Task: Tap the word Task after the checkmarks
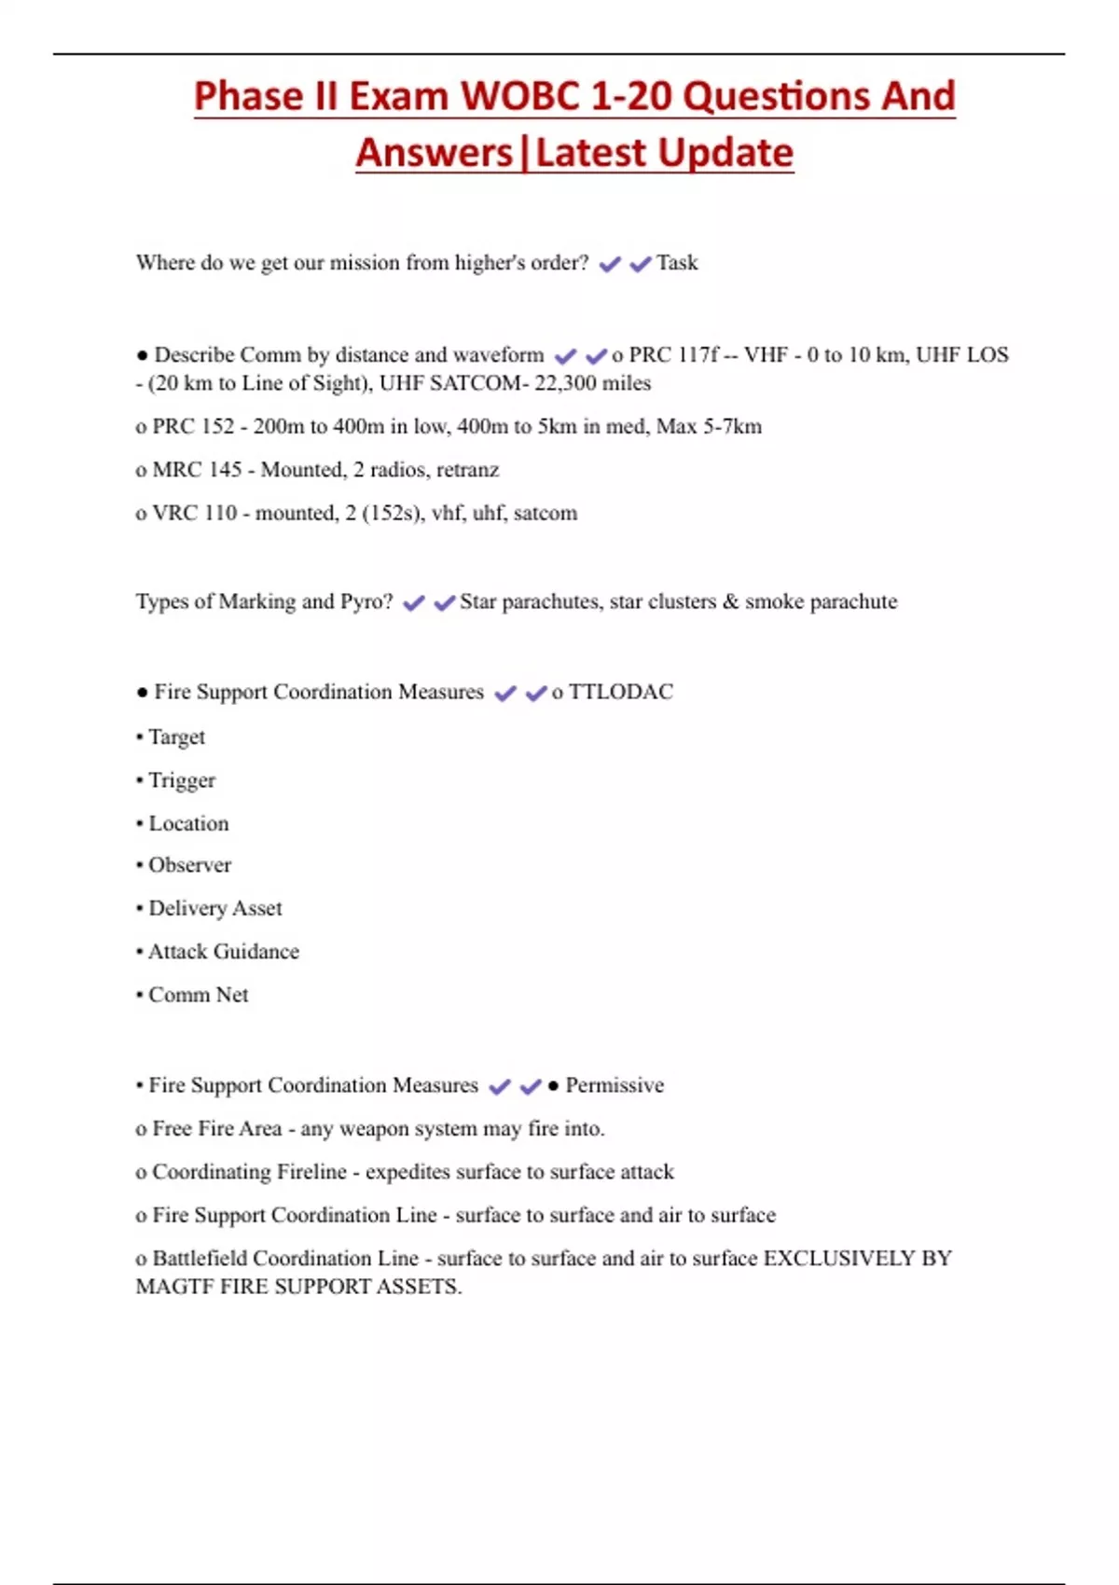coord(677,263)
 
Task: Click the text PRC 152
coord(193,427)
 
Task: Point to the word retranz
coord(467,470)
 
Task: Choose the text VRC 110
coord(194,513)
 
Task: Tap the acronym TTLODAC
coord(620,692)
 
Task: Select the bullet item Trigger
coord(182,780)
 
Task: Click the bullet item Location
coord(188,823)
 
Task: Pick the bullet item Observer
coord(189,865)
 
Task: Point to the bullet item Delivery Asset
coord(214,908)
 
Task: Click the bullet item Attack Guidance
coord(224,952)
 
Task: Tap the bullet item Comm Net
coord(198,995)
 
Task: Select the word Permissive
coord(615,1085)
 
